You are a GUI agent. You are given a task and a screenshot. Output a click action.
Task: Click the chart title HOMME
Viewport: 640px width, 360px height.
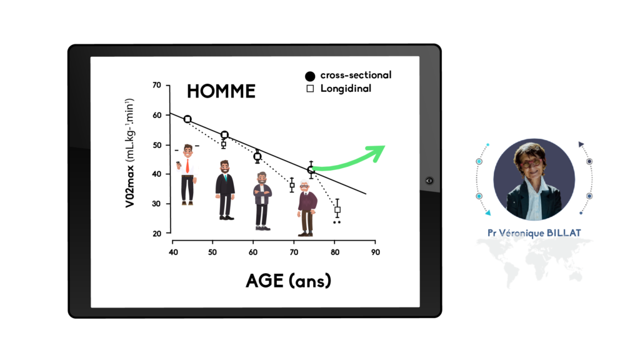click(x=221, y=91)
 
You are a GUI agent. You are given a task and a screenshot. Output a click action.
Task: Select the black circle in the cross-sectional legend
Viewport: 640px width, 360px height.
click(x=310, y=76)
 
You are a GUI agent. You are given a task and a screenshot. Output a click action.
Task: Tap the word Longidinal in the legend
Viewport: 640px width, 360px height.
click(x=346, y=89)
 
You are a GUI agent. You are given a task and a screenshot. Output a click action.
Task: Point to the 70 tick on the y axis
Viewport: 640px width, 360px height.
click(x=157, y=85)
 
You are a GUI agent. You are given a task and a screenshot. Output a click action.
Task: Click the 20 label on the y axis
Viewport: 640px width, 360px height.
click(x=157, y=234)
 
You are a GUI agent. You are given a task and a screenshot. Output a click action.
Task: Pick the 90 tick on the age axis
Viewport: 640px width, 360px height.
click(x=376, y=252)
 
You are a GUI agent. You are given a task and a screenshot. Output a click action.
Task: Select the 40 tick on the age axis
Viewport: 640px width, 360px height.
click(x=173, y=252)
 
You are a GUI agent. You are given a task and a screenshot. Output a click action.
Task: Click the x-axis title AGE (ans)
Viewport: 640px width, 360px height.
click(x=289, y=281)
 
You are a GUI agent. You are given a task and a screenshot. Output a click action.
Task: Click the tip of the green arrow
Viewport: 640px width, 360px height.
click(x=384, y=146)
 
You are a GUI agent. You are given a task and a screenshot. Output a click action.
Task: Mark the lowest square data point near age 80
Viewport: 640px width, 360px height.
click(x=337, y=210)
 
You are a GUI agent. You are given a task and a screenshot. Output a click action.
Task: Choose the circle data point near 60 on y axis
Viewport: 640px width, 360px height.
click(x=187, y=119)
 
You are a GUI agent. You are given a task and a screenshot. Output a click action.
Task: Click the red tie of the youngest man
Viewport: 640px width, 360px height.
click(x=187, y=166)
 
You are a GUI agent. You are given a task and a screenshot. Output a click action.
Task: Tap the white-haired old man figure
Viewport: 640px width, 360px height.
click(x=306, y=208)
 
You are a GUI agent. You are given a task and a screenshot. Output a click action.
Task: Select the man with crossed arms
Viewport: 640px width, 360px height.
click(x=262, y=201)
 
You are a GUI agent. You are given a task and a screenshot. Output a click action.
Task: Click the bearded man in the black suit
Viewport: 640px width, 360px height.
click(x=225, y=190)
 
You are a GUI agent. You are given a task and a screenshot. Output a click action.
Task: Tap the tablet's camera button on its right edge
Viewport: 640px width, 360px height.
click(x=429, y=181)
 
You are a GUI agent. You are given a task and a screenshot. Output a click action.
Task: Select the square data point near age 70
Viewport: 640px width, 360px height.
click(x=292, y=185)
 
